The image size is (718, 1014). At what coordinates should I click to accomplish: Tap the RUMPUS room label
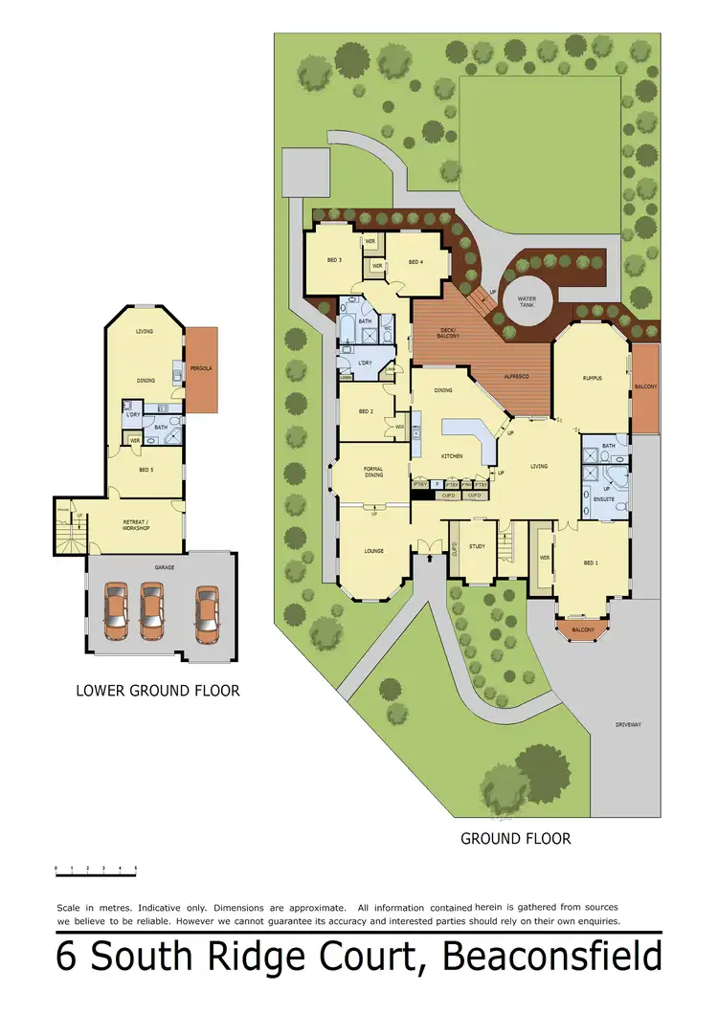click(592, 379)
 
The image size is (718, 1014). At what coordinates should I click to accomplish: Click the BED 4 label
click(415, 261)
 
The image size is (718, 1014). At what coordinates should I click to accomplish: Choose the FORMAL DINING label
click(373, 472)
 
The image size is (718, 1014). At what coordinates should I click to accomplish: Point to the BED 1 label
click(591, 562)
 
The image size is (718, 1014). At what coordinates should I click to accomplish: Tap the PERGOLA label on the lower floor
click(201, 367)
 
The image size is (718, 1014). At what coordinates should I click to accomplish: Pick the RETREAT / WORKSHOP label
click(134, 524)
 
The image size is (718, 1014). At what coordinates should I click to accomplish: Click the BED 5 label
click(146, 470)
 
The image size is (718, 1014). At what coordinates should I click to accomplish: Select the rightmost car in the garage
click(208, 613)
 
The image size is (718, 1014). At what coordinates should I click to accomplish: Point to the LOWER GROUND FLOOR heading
click(158, 690)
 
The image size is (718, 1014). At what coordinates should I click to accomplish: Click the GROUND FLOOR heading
click(516, 839)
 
